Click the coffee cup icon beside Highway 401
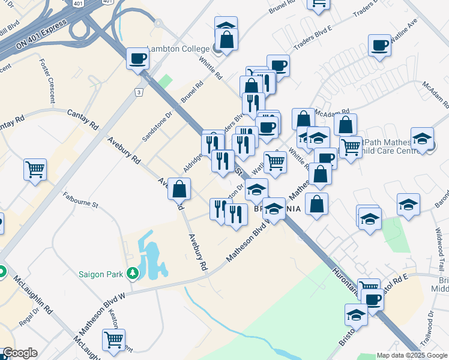(137, 59)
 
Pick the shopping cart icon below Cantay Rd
(35, 169)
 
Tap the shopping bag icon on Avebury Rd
(179, 190)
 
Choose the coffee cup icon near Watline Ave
(379, 46)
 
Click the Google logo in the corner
(19, 353)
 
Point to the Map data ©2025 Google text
(412, 355)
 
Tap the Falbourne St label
(80, 199)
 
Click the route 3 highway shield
(139, 92)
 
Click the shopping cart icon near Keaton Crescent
(113, 340)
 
